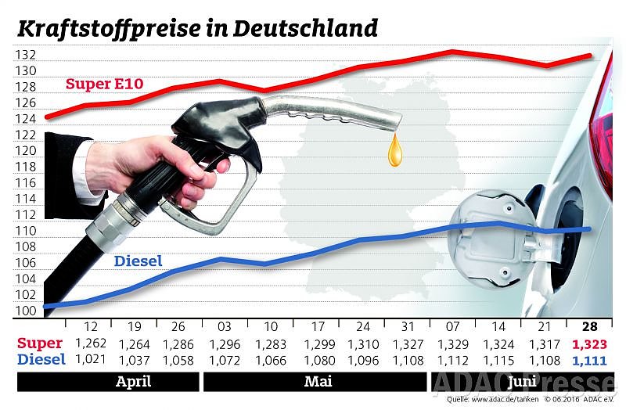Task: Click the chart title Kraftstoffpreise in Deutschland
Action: [x=197, y=29]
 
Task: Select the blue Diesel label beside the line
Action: [x=139, y=261]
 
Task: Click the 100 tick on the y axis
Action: [x=25, y=311]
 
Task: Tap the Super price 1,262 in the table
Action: [x=90, y=343]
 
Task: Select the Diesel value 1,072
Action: [x=225, y=359]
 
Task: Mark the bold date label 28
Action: [x=591, y=326]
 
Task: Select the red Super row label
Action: [x=40, y=343]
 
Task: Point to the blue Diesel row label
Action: [x=40, y=359]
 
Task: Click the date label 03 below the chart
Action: [x=224, y=326]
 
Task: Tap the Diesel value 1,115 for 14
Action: [x=498, y=359]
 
